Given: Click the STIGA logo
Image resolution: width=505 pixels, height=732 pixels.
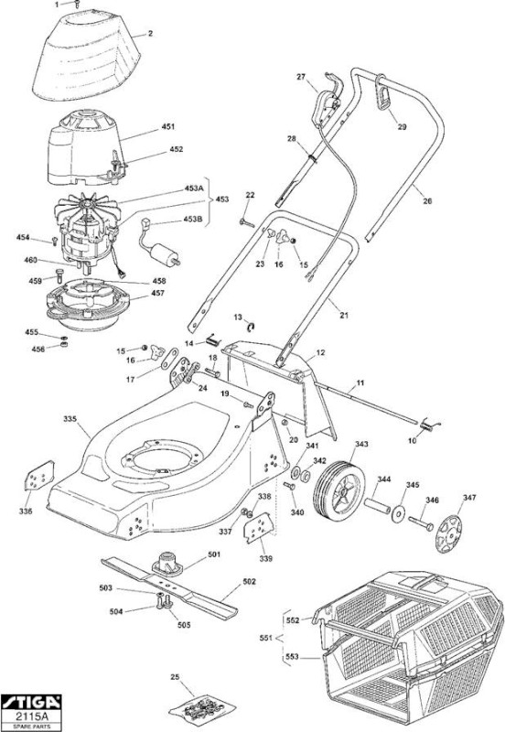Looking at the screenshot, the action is [x=31, y=702].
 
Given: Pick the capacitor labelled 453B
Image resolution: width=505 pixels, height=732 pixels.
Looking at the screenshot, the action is [x=159, y=246].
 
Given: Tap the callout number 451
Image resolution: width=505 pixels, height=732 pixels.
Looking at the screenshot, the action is [x=168, y=127].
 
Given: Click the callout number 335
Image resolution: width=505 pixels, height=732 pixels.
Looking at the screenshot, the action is [x=70, y=418].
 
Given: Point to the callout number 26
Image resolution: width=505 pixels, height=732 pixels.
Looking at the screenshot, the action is [x=427, y=201].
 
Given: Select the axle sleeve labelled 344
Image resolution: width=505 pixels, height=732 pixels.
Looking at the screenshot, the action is [x=377, y=506].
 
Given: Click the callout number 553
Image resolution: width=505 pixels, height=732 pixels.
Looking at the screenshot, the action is [x=292, y=657].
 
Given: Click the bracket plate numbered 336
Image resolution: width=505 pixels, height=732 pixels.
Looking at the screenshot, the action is [x=38, y=476].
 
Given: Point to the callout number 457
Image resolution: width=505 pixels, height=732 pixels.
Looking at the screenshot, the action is [x=157, y=293].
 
